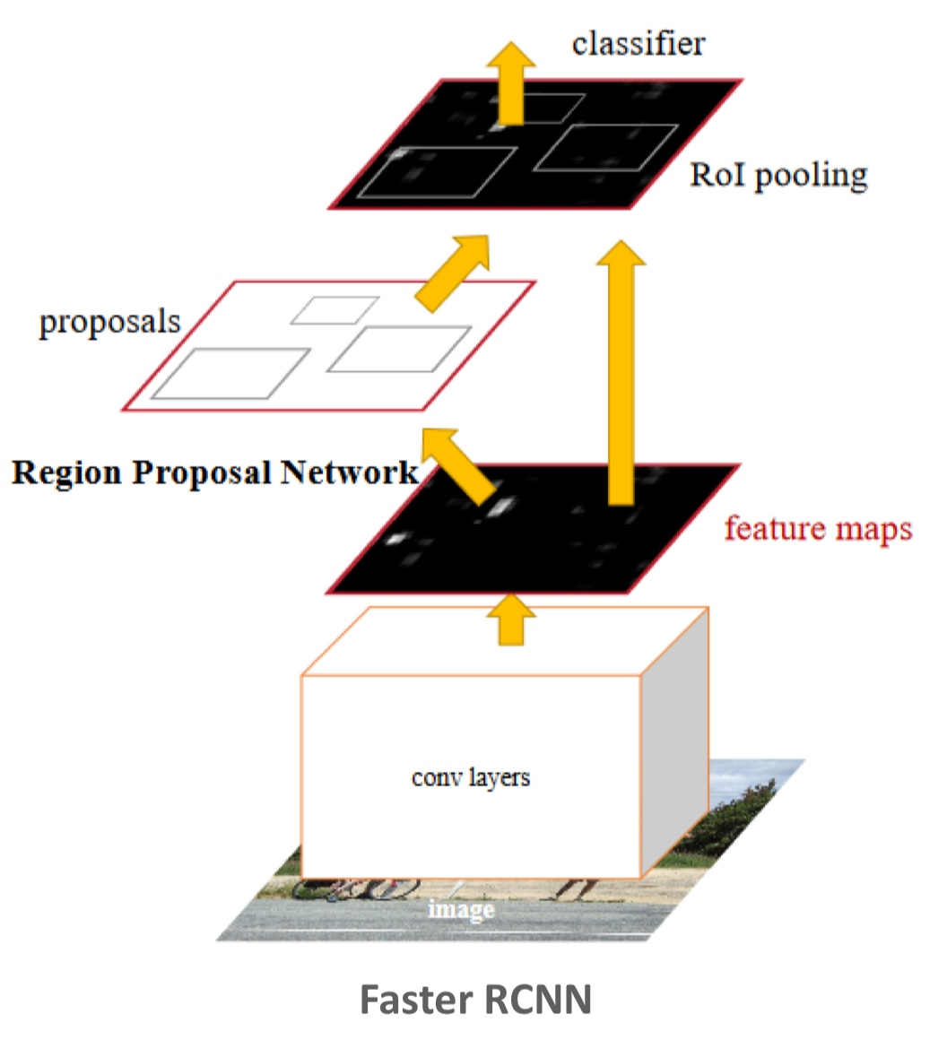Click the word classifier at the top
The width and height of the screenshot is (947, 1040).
[x=639, y=43]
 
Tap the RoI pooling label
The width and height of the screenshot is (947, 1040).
[x=778, y=175]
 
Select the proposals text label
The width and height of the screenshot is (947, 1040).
[x=109, y=323]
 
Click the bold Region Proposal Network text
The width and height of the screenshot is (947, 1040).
[x=215, y=472]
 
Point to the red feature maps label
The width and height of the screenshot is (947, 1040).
[x=818, y=528]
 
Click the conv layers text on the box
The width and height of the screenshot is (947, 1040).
[x=471, y=776]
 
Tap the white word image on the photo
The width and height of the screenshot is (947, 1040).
[x=461, y=910]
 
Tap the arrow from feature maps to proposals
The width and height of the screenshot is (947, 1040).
[x=459, y=464]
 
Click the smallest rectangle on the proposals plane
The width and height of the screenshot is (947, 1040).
[x=334, y=310]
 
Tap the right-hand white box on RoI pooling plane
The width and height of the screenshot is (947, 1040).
[x=606, y=148]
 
